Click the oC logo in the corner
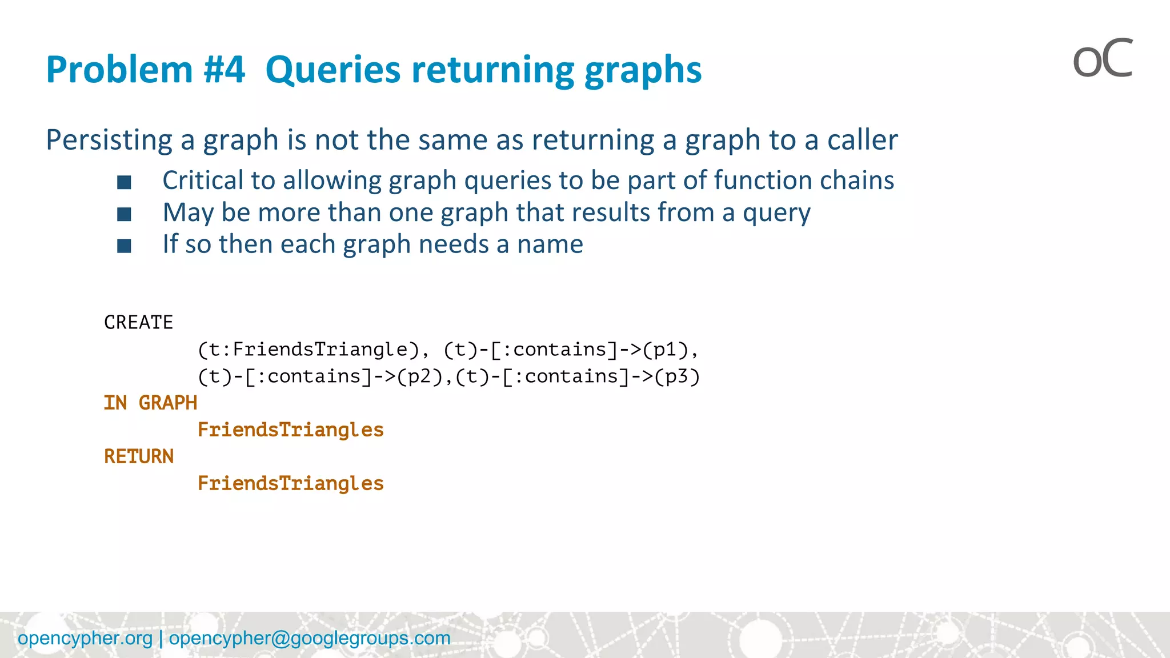[x=1102, y=59]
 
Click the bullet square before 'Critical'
[x=124, y=182]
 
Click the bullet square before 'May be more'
[x=124, y=214]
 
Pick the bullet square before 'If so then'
[x=124, y=246]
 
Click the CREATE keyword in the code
[x=138, y=323]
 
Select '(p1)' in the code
[x=666, y=350]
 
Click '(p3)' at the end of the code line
[x=677, y=376]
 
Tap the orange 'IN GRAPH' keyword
[x=150, y=403]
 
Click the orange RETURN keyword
[x=139, y=456]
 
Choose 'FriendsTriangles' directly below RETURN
[x=290, y=484]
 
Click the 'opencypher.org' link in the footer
[x=85, y=638]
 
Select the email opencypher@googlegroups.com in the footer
[x=310, y=638]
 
